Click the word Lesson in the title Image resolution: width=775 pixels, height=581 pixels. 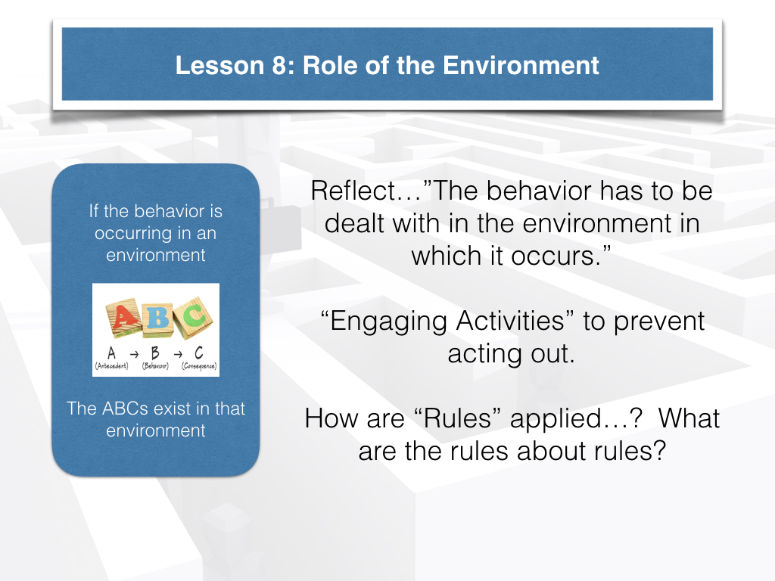tap(220, 66)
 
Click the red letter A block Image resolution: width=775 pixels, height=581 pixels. tap(123, 318)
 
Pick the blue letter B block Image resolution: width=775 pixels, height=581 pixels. tap(157, 318)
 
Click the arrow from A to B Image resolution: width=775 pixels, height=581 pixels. tap(134, 354)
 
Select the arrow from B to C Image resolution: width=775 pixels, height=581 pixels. tap(178, 354)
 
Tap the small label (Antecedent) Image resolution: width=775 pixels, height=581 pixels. tap(112, 366)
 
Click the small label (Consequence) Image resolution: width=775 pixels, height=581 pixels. tap(199, 366)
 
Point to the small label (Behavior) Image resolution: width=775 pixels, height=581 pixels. tap(155, 366)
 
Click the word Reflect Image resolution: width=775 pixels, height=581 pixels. tap(354, 191)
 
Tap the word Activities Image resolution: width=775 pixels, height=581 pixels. tap(510, 321)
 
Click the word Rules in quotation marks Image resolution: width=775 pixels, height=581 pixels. tap(457, 418)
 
